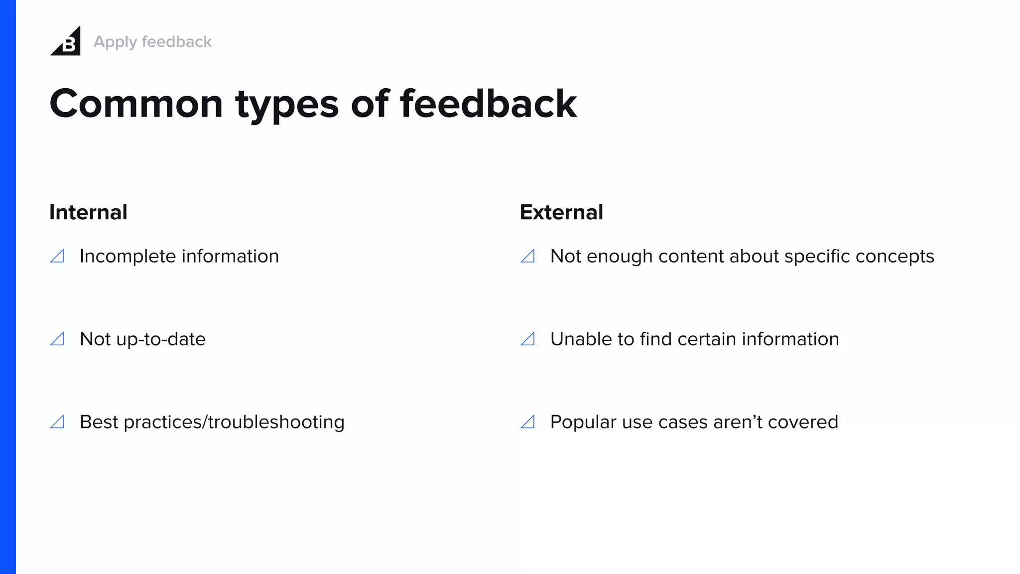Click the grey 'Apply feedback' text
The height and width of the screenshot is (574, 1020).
[x=152, y=42]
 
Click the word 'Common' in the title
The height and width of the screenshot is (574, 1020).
[x=136, y=104]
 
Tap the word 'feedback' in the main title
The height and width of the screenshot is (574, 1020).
[x=488, y=104]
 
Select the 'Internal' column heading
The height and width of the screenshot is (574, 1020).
[x=88, y=212]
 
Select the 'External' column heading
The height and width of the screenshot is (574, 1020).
[x=561, y=212]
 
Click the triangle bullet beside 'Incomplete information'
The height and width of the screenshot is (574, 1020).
[x=58, y=256]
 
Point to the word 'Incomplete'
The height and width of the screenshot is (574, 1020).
[x=127, y=256]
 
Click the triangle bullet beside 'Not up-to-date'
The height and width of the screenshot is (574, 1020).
[x=58, y=339]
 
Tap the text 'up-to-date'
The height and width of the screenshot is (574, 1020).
[x=160, y=339]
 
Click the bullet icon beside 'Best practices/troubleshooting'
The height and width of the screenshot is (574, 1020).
[x=58, y=422]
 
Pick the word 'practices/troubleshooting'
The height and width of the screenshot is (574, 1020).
[x=234, y=422]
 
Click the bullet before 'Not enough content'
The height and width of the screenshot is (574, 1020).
[x=528, y=256]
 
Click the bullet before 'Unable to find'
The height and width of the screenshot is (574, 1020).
[x=528, y=339]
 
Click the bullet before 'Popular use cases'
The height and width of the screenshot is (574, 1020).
[x=528, y=422]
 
